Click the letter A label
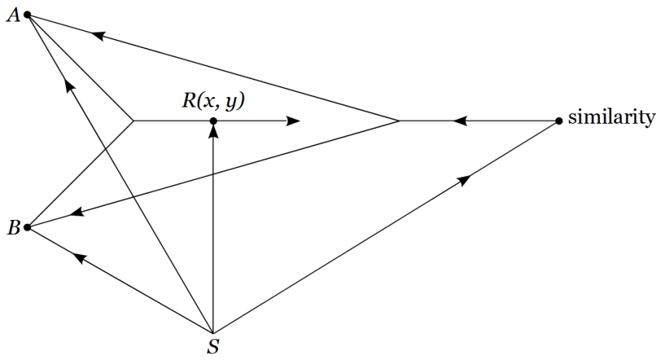[13, 16]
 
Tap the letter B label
[13, 228]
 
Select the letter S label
[213, 347]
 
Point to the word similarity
[611, 118]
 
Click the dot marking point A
[27, 14]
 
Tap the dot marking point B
[27, 227]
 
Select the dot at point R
[213, 121]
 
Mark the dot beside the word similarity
[559, 121]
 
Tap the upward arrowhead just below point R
[213, 132]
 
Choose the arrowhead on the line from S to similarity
[465, 179]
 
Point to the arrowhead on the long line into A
[98, 34]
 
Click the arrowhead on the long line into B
[77, 213]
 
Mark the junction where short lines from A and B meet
[133, 121]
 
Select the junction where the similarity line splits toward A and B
[400, 121]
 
